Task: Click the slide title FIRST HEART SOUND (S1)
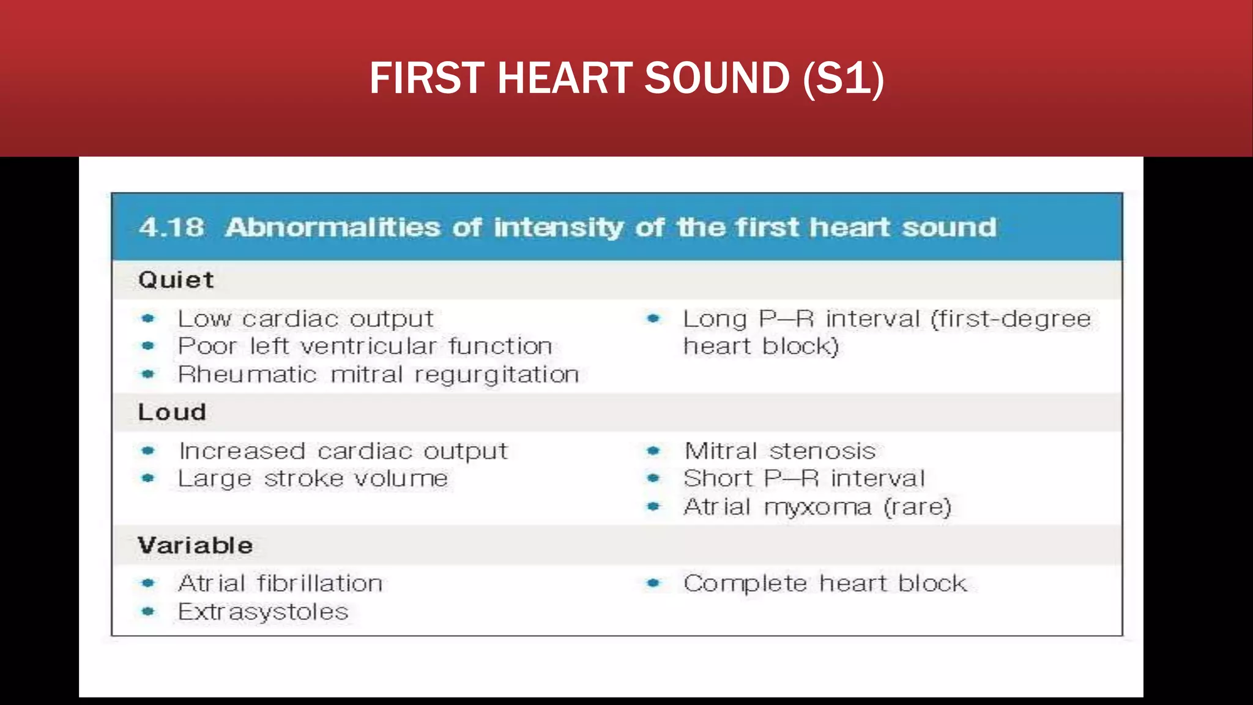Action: pyautogui.click(x=626, y=78)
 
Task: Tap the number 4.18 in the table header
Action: pyautogui.click(x=171, y=228)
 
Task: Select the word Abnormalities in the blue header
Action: pyautogui.click(x=333, y=228)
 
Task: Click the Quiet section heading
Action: pyautogui.click(x=176, y=280)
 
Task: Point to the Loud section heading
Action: pyautogui.click(x=172, y=412)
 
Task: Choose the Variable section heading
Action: pyautogui.click(x=195, y=545)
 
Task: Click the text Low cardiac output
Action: pyautogui.click(x=305, y=319)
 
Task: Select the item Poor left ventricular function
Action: pyautogui.click(x=365, y=346)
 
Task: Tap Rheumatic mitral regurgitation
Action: pyautogui.click(x=378, y=375)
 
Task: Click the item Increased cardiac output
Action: pyautogui.click(x=343, y=452)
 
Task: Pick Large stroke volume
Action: pyautogui.click(x=313, y=479)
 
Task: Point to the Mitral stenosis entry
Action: pyautogui.click(x=780, y=452)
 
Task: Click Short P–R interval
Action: pyautogui.click(x=804, y=479)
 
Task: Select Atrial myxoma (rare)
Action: pyautogui.click(x=817, y=507)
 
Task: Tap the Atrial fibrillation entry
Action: pyautogui.click(x=280, y=584)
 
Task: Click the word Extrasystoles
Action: pyautogui.click(x=263, y=612)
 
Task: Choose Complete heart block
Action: pyautogui.click(x=825, y=584)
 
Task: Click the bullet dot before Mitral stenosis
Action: pyautogui.click(x=653, y=452)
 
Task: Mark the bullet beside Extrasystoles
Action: pyautogui.click(x=148, y=611)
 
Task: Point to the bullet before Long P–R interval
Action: pyautogui.click(x=653, y=319)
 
